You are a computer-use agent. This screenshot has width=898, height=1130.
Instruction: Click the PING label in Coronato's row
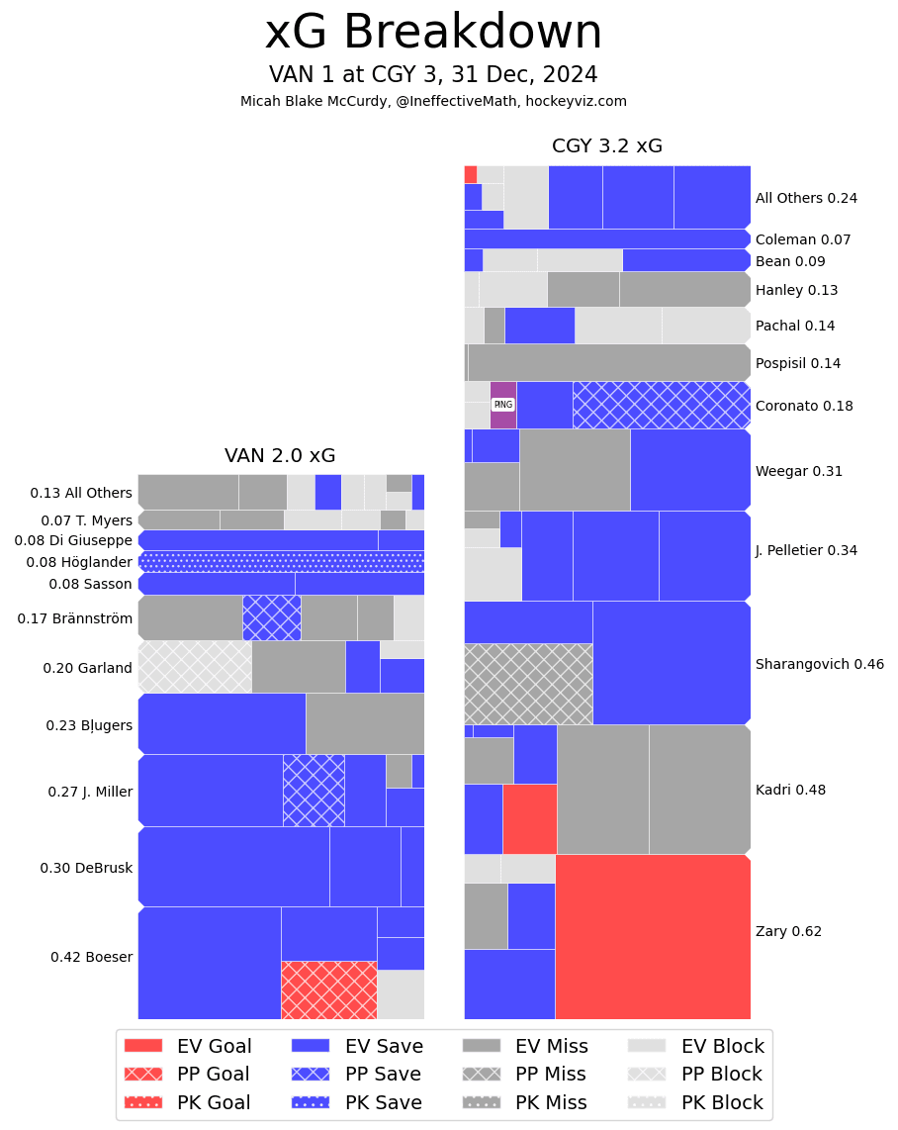(x=502, y=405)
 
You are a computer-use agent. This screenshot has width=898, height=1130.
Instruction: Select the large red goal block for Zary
(x=653, y=936)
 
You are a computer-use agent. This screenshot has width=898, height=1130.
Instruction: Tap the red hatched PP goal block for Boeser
(x=328, y=989)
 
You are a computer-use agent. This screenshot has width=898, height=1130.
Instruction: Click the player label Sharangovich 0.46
(x=819, y=664)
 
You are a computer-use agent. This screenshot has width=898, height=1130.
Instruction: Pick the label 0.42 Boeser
(x=91, y=957)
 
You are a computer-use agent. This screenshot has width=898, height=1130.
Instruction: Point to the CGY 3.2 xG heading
(x=607, y=146)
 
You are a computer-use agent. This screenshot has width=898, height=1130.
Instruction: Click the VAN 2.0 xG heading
(x=280, y=456)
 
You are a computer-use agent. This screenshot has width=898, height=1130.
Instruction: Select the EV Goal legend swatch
(x=143, y=1046)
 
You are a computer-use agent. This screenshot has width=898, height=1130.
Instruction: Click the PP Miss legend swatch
(x=481, y=1074)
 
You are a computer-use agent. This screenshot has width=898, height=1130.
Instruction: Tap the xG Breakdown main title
(x=433, y=33)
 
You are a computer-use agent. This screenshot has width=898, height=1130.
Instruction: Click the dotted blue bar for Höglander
(x=281, y=562)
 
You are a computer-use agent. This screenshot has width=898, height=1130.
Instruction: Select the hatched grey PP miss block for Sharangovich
(x=528, y=684)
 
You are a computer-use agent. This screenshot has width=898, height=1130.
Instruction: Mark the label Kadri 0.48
(x=790, y=790)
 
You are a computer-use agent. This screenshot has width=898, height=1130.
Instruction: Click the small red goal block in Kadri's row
(x=529, y=818)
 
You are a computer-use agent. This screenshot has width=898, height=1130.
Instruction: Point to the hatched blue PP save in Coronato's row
(x=661, y=405)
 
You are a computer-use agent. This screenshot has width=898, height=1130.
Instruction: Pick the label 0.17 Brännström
(x=74, y=618)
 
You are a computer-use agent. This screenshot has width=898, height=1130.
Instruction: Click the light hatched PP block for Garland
(x=195, y=666)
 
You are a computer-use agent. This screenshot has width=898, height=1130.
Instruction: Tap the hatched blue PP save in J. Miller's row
(x=314, y=790)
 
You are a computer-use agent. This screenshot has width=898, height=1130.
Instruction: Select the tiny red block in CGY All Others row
(x=471, y=174)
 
